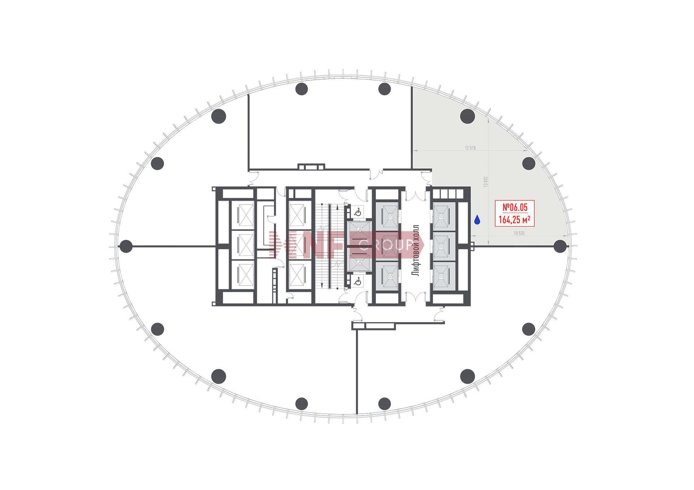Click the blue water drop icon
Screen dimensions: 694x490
pyautogui.click(x=477, y=220)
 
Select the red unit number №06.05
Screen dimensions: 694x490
pyautogui.click(x=515, y=207)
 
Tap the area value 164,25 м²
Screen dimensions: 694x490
pyautogui.click(x=514, y=219)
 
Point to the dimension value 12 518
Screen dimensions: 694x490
pyautogui.click(x=470, y=148)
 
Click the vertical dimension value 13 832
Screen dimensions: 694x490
pyautogui.click(x=485, y=181)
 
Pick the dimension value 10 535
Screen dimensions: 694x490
pyautogui.click(x=519, y=233)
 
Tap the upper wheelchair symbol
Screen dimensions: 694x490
pyautogui.click(x=357, y=212)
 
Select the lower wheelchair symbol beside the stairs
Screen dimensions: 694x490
pyautogui.click(x=357, y=281)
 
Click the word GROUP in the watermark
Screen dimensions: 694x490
pyautogui.click(x=386, y=246)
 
